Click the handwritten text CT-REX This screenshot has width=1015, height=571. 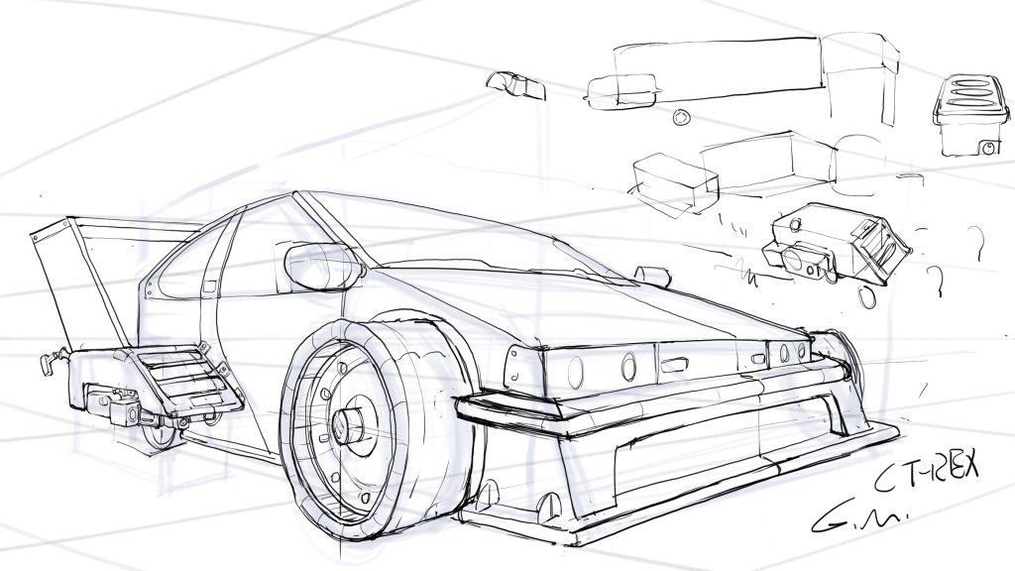(926, 481)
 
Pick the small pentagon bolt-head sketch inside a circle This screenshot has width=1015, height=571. (681, 118)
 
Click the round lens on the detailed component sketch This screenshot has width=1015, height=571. (794, 260)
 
